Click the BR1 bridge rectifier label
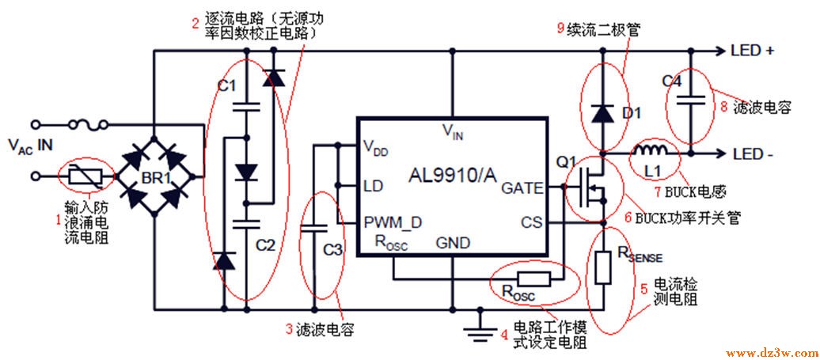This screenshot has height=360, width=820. pyautogui.click(x=158, y=179)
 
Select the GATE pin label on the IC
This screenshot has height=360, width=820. pyautogui.click(x=522, y=188)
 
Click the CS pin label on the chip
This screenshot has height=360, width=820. pyautogui.click(x=531, y=223)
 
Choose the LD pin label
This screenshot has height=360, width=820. pyautogui.click(x=372, y=187)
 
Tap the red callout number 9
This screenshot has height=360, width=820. pyautogui.click(x=560, y=28)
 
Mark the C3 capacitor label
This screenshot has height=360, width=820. pyautogui.click(x=333, y=251)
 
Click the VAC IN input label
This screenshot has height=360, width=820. pyautogui.click(x=30, y=144)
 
